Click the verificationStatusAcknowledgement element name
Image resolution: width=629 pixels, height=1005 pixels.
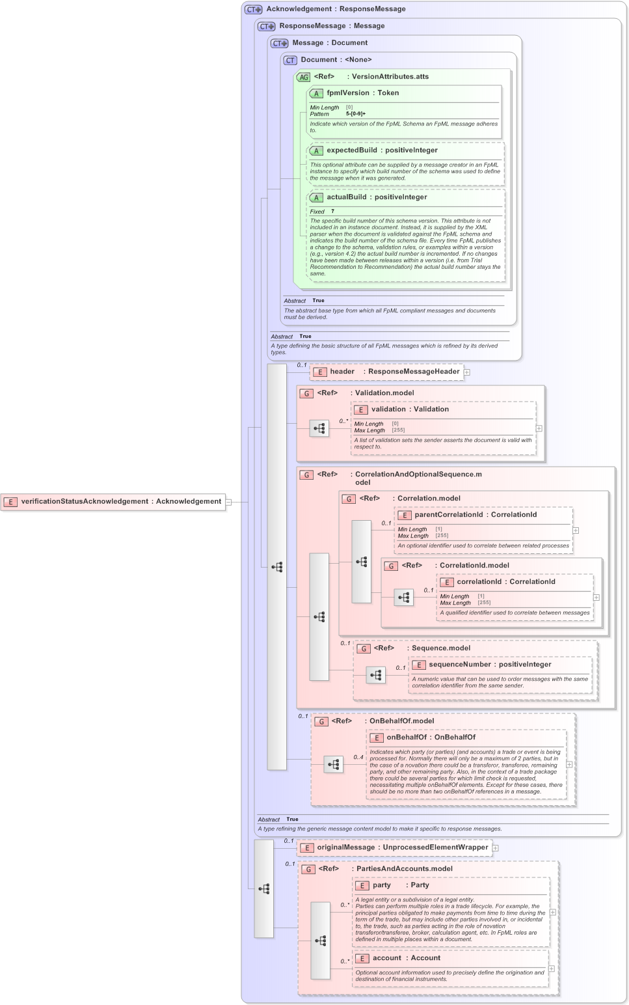point(85,501)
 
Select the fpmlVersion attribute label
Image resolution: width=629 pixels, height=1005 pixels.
point(347,93)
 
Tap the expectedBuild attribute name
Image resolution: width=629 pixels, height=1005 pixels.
point(351,150)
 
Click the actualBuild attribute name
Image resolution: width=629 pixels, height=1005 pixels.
point(346,197)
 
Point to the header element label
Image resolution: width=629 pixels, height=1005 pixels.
point(342,372)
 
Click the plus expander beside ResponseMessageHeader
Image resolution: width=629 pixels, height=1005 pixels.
point(467,372)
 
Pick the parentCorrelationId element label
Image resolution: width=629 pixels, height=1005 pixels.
point(449,515)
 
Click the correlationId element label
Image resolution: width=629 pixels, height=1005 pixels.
point(479,582)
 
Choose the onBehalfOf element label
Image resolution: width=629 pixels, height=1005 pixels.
point(407,737)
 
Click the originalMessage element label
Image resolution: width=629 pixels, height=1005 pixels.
point(345,847)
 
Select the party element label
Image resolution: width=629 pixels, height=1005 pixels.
point(382,885)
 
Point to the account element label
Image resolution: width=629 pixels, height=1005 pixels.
point(387,958)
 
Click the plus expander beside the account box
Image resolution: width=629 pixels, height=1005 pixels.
point(552,969)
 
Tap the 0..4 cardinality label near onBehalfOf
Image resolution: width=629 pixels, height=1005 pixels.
point(358,757)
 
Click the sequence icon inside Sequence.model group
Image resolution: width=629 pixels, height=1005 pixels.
point(376,676)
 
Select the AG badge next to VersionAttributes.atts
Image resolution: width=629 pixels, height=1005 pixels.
point(304,77)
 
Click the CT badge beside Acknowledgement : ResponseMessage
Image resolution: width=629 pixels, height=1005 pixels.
point(253,10)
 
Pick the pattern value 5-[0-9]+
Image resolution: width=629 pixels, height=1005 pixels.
point(356,114)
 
